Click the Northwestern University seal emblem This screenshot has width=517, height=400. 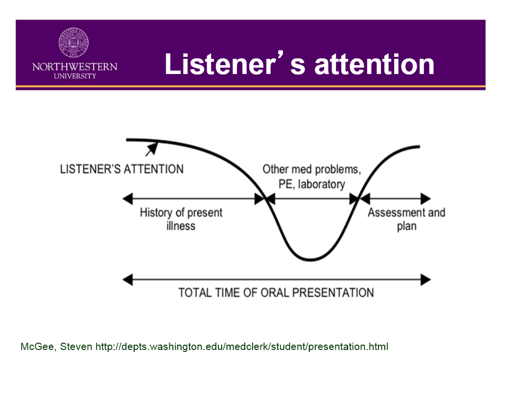(74, 43)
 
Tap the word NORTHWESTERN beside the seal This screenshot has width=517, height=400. (74, 67)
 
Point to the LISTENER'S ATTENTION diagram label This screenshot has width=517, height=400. (122, 170)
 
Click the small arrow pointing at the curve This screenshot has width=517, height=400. (151, 148)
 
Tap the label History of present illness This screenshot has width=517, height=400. (181, 219)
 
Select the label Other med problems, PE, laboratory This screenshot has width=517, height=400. (312, 176)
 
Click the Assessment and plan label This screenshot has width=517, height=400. (406, 219)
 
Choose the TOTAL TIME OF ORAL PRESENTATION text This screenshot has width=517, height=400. (276, 293)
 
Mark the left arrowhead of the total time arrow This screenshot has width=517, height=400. (128, 280)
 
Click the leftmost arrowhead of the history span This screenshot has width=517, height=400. (128, 199)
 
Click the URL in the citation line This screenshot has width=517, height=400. (241, 347)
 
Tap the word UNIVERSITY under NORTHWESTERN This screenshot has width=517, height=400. (74, 76)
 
